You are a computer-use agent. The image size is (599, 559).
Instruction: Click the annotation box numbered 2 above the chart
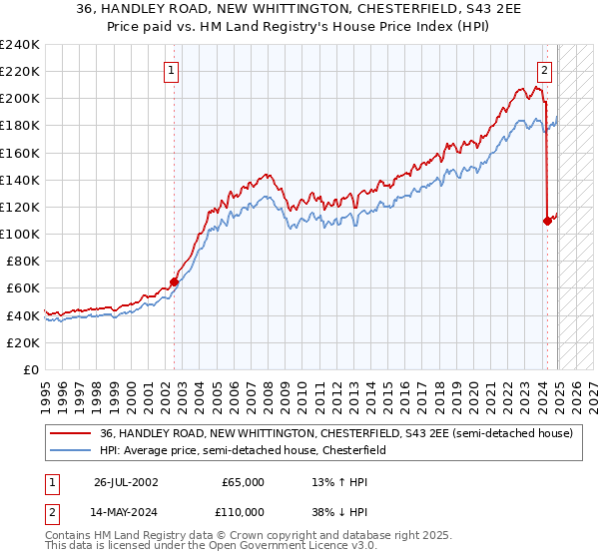[545, 70]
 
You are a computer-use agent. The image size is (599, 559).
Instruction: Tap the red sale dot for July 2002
[174, 281]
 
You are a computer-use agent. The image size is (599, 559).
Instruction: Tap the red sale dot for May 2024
[547, 221]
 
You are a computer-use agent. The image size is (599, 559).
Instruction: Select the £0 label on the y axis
[30, 369]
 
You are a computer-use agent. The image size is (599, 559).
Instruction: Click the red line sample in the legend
[71, 433]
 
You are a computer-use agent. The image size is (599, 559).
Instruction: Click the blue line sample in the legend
[71, 450]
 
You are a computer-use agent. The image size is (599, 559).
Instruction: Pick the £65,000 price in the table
[244, 482]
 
